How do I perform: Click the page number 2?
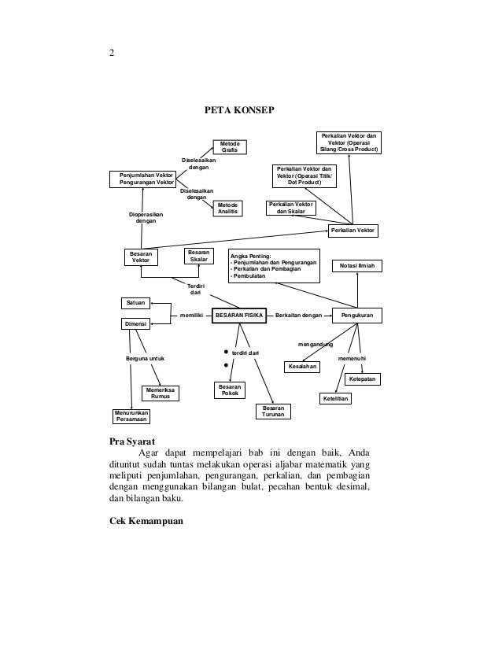pyautogui.click(x=112, y=54)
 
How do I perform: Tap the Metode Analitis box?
pyautogui.click(x=227, y=209)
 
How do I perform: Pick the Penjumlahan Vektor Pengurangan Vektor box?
pyautogui.click(x=146, y=179)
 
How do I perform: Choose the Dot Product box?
pyautogui.click(x=303, y=175)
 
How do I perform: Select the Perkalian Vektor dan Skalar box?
pyautogui.click(x=290, y=209)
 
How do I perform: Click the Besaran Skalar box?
pyautogui.click(x=199, y=256)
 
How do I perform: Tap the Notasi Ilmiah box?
pyautogui.click(x=357, y=267)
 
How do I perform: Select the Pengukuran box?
pyautogui.click(x=356, y=315)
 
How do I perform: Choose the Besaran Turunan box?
pyautogui.click(x=274, y=412)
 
